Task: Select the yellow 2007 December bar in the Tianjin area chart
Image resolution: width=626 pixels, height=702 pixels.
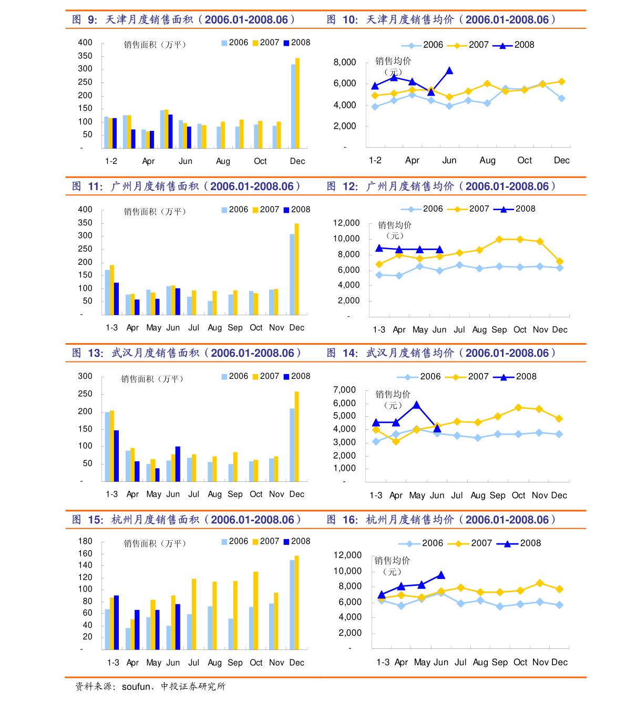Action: click(297, 103)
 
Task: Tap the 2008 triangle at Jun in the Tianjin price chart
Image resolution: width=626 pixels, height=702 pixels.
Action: click(449, 70)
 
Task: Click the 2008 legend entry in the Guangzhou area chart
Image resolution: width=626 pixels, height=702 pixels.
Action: click(297, 210)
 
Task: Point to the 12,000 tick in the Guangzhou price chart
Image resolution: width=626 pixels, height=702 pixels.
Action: click(346, 223)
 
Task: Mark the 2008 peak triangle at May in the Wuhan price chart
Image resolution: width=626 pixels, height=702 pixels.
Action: click(417, 405)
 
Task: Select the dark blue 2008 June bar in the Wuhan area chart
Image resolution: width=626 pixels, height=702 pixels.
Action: click(178, 464)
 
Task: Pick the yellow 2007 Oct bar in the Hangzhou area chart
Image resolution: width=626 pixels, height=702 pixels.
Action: click(256, 611)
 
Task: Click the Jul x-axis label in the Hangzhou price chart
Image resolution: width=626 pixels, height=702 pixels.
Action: click(460, 662)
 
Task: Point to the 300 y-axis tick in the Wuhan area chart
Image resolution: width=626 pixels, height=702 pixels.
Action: click(85, 376)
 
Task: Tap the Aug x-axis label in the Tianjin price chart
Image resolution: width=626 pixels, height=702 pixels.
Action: click(487, 160)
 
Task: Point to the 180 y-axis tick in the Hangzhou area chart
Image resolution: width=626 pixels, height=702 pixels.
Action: click(85, 541)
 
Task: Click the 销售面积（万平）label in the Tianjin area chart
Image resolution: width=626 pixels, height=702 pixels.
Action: click(155, 45)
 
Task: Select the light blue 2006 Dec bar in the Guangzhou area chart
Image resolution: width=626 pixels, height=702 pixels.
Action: click(292, 274)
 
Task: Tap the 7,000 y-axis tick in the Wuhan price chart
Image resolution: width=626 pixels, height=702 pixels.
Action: click(345, 390)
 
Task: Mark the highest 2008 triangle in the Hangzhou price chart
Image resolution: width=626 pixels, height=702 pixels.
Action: click(441, 575)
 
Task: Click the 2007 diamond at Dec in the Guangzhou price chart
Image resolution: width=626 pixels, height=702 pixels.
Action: click(560, 262)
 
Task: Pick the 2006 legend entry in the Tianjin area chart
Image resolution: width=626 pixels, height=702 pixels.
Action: click(234, 43)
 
